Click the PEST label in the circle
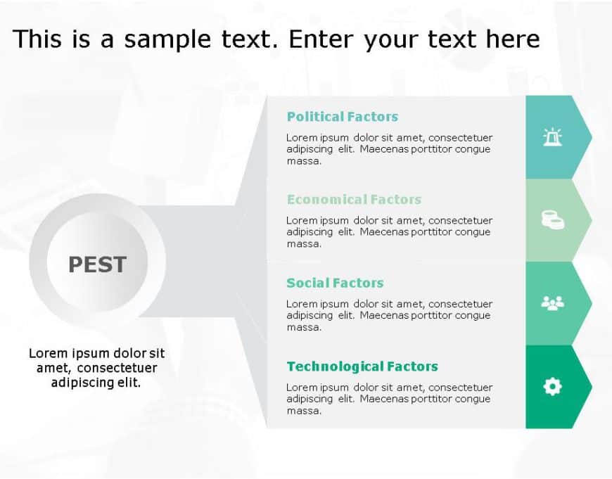point(97,264)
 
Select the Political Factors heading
point(342,117)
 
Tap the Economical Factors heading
point(354,200)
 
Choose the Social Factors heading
point(335,283)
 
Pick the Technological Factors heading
point(362,366)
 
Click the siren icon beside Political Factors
point(553,137)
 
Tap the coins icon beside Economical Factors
point(553,220)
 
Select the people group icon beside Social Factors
point(553,303)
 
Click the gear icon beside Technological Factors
point(553,386)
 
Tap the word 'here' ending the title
point(512,39)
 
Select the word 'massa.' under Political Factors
point(304,161)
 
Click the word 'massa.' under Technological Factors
point(304,411)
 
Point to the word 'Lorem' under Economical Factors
point(301,220)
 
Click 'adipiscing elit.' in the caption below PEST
point(96,383)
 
